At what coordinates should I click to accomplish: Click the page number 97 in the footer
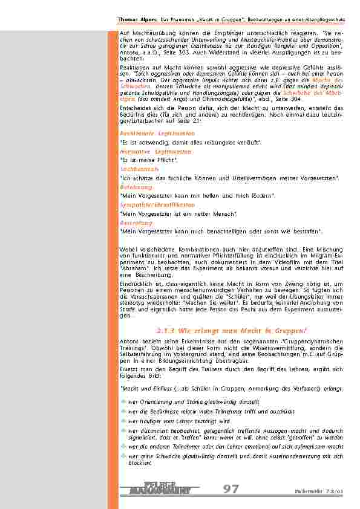(231, 489)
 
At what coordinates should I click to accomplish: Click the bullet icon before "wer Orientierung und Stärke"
(123, 401)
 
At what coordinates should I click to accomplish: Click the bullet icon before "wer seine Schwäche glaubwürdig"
(123, 456)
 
